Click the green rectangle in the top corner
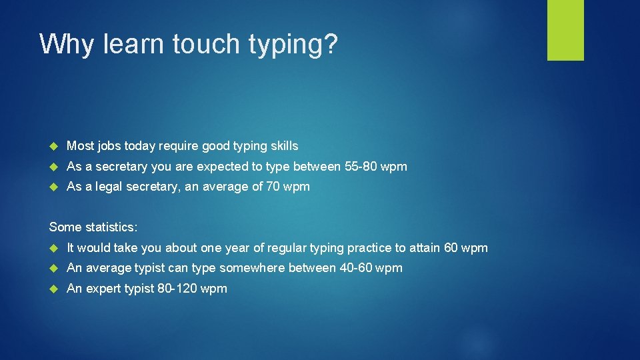[x=565, y=30]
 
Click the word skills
[x=283, y=145]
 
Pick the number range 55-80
[x=364, y=166]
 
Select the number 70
[x=273, y=187]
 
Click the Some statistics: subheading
[x=93, y=227]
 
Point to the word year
[x=238, y=248]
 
